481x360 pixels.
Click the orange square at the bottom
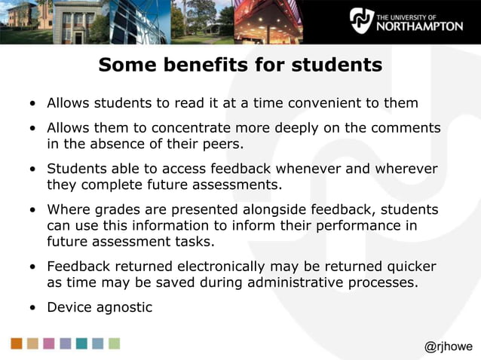tap(17, 343)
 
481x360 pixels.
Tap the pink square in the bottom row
tap(49, 343)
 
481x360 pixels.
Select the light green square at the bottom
tap(114, 343)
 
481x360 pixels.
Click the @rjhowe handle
tap(449, 346)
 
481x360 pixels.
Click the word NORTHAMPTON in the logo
tap(419, 26)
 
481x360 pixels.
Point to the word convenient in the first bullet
tap(319, 102)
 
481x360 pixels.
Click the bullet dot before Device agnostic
tap(32, 307)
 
